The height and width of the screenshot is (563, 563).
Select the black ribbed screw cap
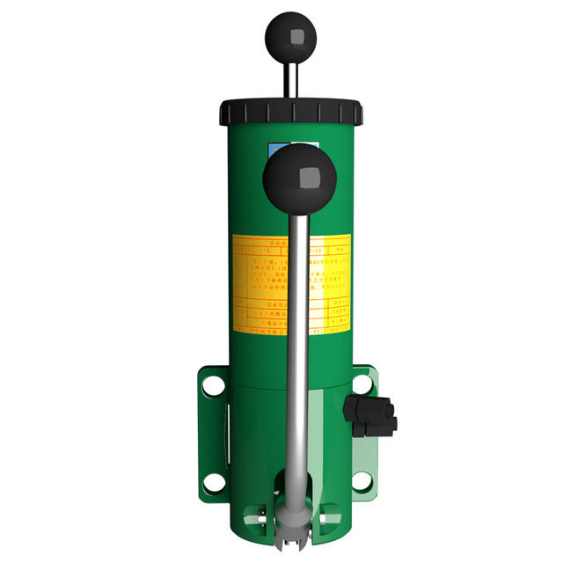tap(290, 112)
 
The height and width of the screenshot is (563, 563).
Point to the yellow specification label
tap(264, 281)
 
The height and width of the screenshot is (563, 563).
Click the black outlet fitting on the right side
tap(371, 414)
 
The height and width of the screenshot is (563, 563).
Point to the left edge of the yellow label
tap(233, 281)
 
